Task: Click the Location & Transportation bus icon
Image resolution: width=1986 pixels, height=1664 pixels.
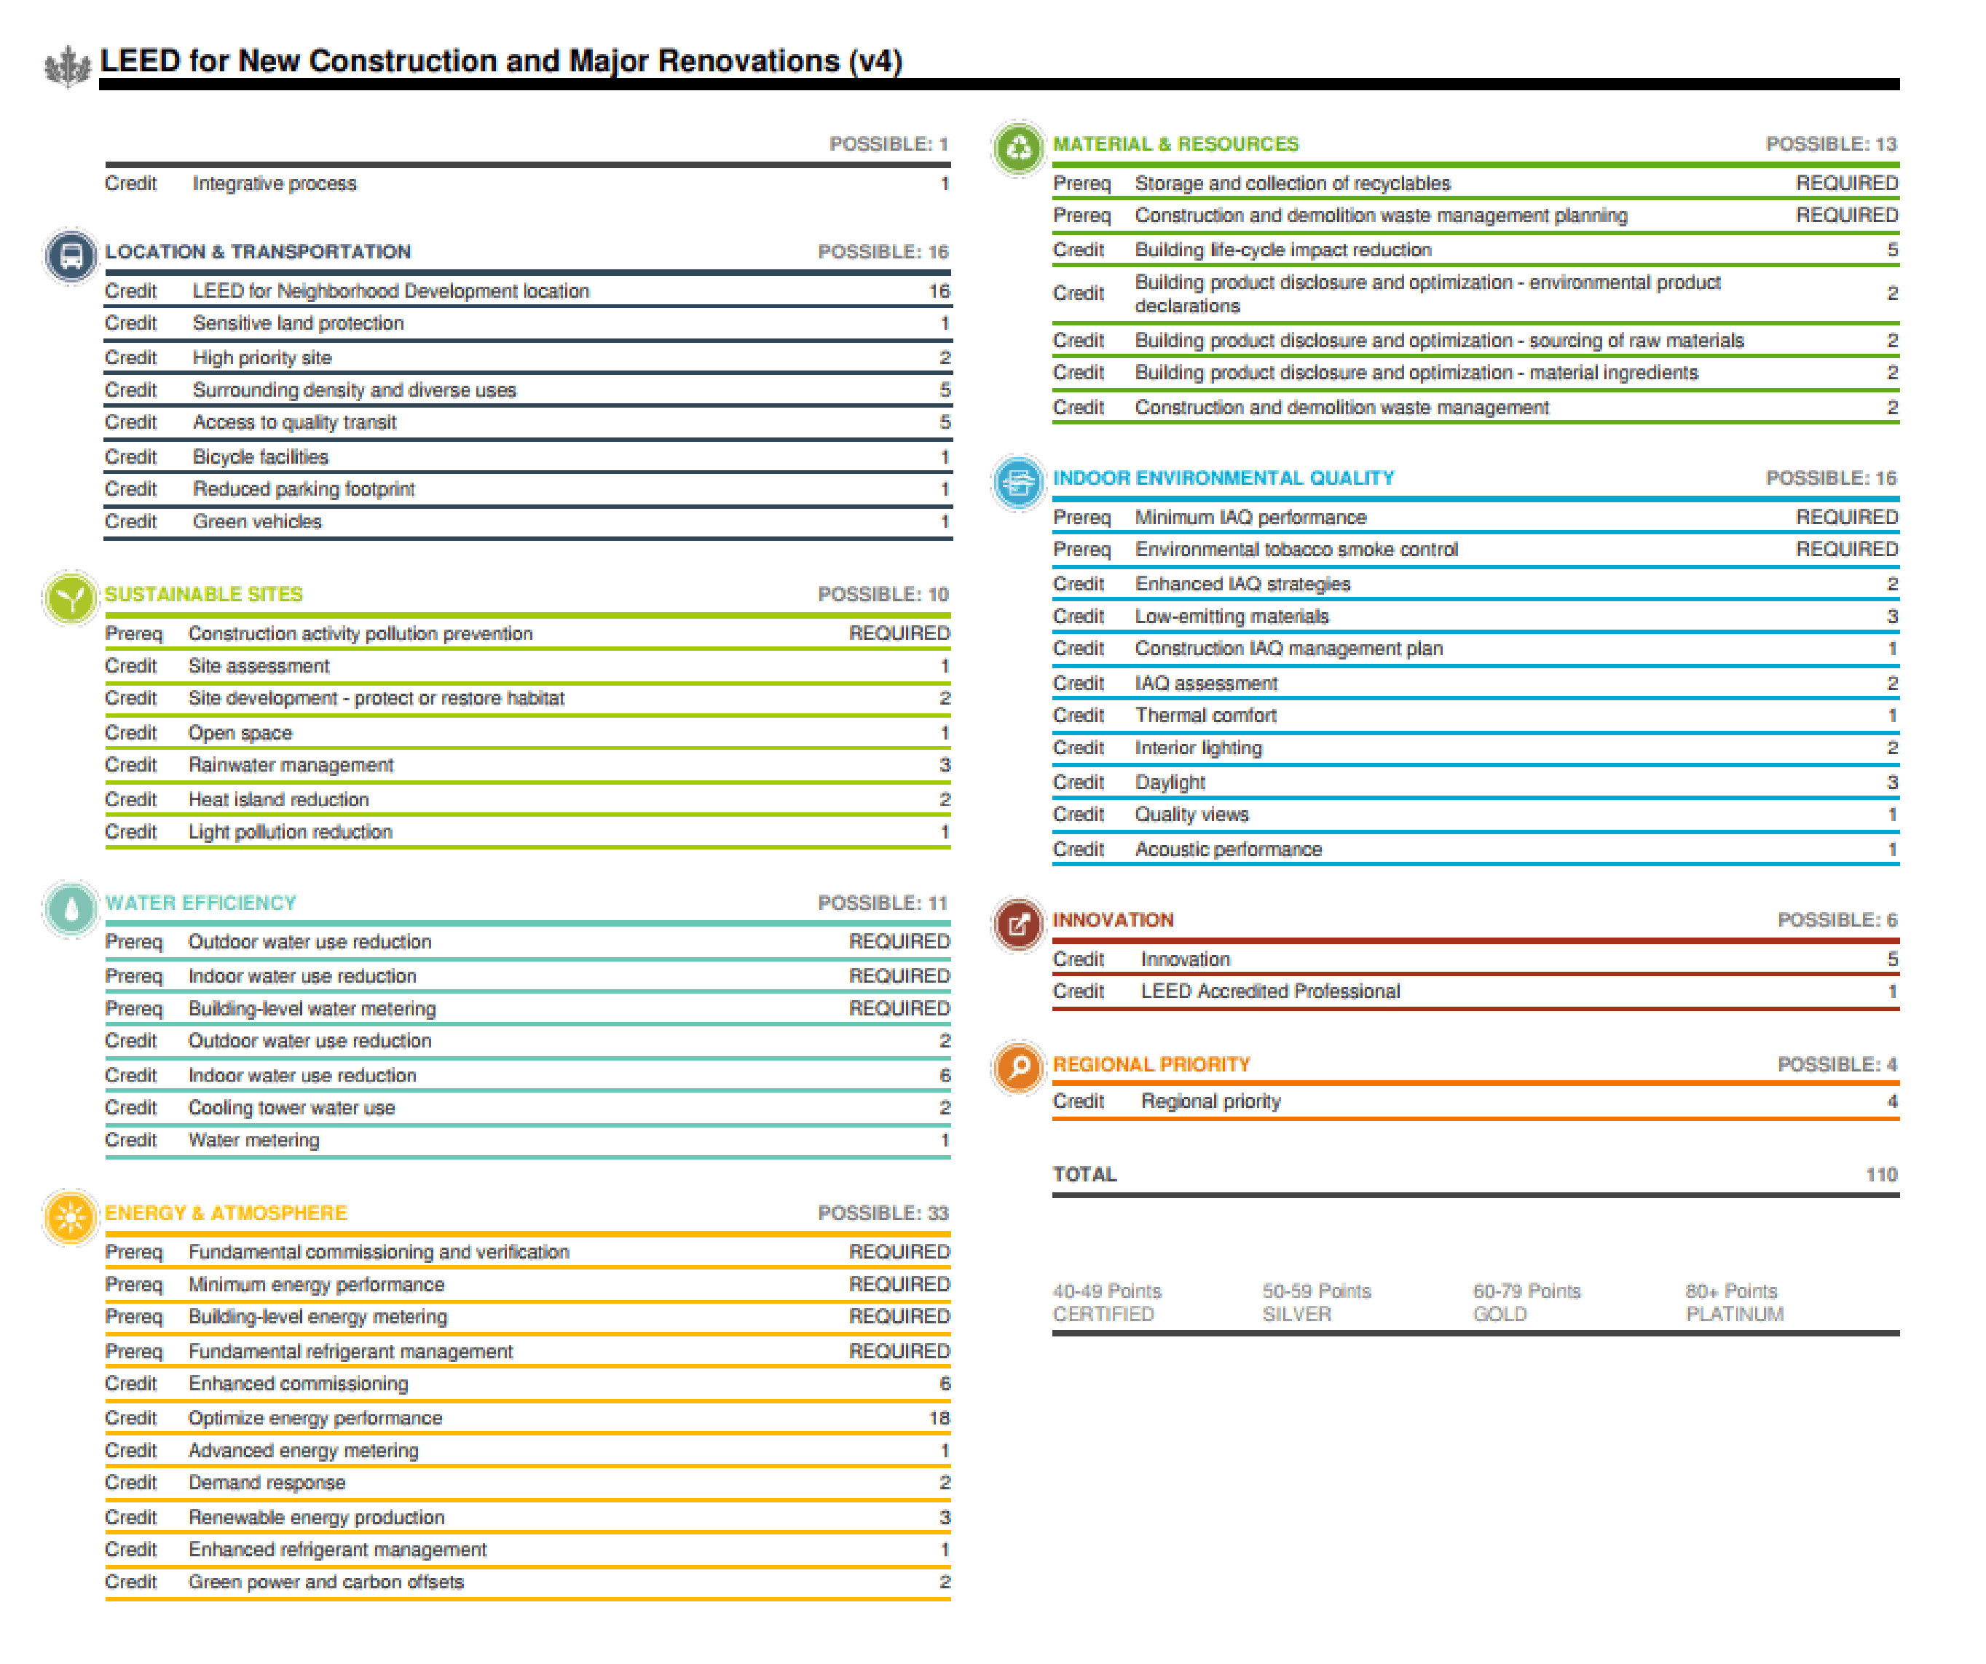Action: click(x=71, y=255)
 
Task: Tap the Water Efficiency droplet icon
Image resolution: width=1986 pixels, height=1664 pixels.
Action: click(x=71, y=908)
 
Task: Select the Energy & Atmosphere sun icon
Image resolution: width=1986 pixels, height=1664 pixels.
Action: click(x=71, y=1218)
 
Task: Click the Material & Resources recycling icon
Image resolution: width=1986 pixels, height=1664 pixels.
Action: click(x=1019, y=148)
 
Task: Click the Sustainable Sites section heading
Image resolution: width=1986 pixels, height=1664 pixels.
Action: click(x=203, y=595)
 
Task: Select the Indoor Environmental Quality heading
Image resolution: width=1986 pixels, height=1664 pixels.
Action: click(x=1223, y=478)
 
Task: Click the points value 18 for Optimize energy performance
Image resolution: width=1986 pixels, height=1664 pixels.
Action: click(x=938, y=1418)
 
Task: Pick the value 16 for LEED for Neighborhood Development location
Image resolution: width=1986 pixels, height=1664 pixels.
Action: click(x=938, y=291)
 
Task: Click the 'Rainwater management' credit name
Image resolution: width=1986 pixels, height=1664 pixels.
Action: click(x=291, y=765)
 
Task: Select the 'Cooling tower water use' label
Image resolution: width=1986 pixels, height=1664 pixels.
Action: click(x=291, y=1108)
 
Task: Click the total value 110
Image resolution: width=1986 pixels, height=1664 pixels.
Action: click(x=1881, y=1175)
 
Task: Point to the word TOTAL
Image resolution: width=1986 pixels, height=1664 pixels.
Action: click(x=1084, y=1175)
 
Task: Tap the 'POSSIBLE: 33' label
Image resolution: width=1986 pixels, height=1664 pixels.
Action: click(x=883, y=1213)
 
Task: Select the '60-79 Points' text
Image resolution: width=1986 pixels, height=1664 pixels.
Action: click(x=1526, y=1291)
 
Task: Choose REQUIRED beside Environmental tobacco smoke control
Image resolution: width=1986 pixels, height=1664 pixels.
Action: click(x=1846, y=550)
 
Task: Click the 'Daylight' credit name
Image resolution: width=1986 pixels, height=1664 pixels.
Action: click(x=1170, y=783)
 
